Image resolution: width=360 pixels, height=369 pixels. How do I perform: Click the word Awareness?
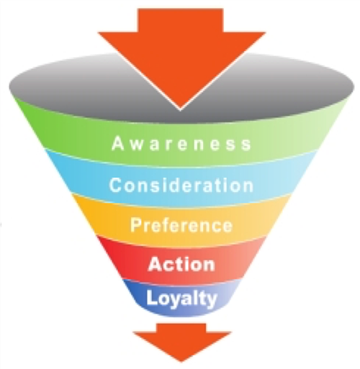pyautogui.click(x=181, y=144)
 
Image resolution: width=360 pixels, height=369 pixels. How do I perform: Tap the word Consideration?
pyautogui.click(x=181, y=185)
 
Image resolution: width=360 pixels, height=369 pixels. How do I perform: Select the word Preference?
pyautogui.click(x=181, y=225)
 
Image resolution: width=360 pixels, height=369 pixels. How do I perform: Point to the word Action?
pyautogui.click(x=181, y=264)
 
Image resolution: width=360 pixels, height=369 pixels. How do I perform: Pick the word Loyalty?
pyautogui.click(x=181, y=299)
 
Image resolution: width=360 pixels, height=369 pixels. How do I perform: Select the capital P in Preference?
pyautogui.click(x=135, y=224)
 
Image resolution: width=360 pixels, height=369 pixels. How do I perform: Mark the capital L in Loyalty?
pyautogui.click(x=151, y=297)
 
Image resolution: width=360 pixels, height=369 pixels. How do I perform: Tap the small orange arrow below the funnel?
pyautogui.click(x=181, y=342)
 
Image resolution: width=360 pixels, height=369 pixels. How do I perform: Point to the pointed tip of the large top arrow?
pyautogui.click(x=181, y=111)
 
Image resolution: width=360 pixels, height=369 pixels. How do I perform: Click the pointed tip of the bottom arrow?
pyautogui.click(x=181, y=362)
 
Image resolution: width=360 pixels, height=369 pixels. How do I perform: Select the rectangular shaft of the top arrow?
pyautogui.click(x=181, y=20)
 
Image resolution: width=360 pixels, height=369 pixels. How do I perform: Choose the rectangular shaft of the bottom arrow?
pyautogui.click(x=181, y=328)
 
